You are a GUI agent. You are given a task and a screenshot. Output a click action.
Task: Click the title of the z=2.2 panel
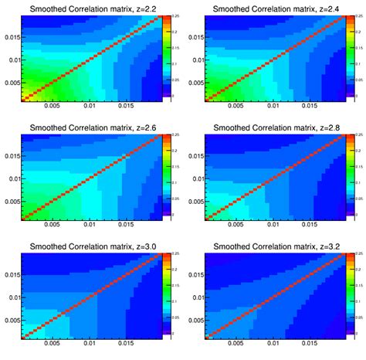91,8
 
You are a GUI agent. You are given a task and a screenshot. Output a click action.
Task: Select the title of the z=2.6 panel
91,127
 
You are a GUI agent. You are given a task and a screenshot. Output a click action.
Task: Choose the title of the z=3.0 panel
91,246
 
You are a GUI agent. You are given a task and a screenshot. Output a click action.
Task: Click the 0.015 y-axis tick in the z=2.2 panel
11,37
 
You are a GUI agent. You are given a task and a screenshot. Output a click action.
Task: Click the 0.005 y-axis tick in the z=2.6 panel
11,201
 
